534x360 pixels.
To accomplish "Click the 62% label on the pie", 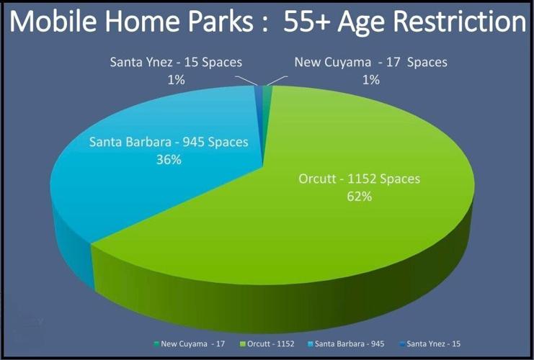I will (358, 196).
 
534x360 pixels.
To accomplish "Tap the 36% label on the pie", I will (168, 159).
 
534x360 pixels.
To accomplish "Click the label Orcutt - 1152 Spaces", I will (358, 179).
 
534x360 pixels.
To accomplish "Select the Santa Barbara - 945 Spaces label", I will (169, 142).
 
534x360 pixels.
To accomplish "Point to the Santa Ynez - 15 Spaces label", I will (176, 62).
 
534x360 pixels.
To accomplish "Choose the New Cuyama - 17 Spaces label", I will (370, 62).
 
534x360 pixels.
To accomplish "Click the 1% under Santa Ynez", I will (176, 79).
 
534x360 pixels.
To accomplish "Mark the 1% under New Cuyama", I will (370, 79).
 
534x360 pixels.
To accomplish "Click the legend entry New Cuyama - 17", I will (189, 344).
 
